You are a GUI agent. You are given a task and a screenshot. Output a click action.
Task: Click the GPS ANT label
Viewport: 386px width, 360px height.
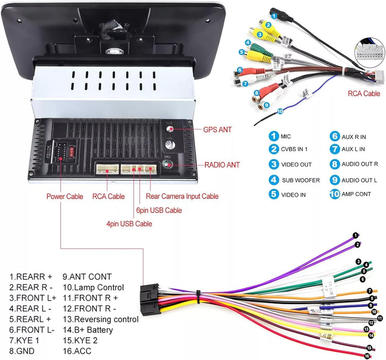(217, 130)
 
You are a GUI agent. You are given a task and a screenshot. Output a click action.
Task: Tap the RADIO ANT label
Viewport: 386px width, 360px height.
(222, 165)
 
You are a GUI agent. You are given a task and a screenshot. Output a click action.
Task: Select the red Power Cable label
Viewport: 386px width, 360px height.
(65, 196)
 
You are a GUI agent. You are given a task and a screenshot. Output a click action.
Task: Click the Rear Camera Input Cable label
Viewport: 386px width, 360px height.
(182, 196)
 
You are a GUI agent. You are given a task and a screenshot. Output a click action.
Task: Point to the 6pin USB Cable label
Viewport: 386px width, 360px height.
(158, 210)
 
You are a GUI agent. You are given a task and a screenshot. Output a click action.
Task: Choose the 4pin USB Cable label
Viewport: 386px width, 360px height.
(129, 224)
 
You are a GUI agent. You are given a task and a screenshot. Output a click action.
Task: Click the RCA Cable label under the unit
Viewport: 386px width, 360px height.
(108, 196)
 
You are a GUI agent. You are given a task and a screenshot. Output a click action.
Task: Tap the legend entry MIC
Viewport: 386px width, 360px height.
(286, 136)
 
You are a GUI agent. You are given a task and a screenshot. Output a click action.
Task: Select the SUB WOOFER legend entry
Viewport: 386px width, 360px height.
(297, 180)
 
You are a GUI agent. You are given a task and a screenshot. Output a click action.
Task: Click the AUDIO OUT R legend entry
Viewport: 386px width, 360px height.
(360, 164)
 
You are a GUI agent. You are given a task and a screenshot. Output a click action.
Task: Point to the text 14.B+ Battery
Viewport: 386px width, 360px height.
(88, 330)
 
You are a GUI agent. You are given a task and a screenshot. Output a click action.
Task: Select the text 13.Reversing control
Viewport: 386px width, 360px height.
(100, 319)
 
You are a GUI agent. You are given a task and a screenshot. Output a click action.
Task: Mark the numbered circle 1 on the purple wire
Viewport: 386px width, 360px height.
(356, 235)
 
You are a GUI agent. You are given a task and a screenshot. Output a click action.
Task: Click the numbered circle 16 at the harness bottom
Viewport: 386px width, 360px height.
(366, 356)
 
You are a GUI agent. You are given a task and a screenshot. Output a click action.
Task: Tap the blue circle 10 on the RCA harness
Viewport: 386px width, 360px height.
(280, 111)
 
